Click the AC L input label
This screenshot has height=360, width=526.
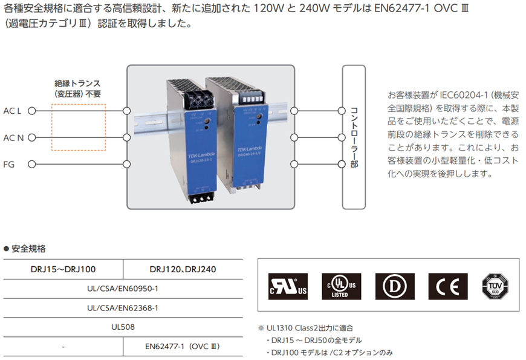pyautogui.click(x=12, y=111)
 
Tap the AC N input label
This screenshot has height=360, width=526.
pyautogui.click(x=13, y=137)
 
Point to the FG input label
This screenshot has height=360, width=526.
pyautogui.click(x=8, y=164)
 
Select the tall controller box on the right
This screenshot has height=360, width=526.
pyautogui.click(x=354, y=137)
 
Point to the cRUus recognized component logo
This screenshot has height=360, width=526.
pyautogui.click(x=288, y=284)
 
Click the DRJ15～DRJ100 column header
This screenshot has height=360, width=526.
pyautogui.click(x=63, y=269)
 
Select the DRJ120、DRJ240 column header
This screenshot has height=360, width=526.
pyautogui.click(x=183, y=269)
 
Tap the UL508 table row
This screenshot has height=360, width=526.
pyautogui.click(x=123, y=327)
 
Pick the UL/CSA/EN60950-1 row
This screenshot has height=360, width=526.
pyautogui.click(x=123, y=289)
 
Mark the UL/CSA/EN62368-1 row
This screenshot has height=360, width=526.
pyautogui.click(x=123, y=307)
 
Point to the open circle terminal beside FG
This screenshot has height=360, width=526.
pyautogui.click(x=31, y=164)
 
